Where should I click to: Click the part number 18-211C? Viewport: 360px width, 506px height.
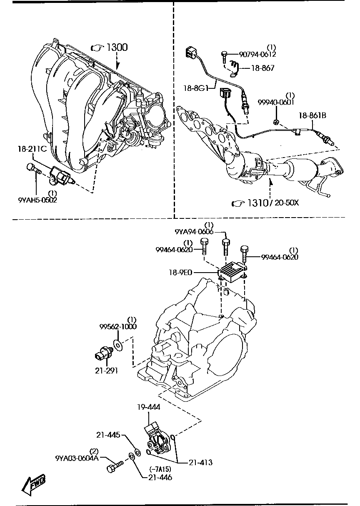(32, 149)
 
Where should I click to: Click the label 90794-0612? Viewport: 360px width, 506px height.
(257, 54)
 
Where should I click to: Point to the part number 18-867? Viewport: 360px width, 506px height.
(262, 68)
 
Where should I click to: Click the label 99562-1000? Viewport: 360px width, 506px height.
(118, 326)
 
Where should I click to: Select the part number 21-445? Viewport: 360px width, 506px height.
(108, 435)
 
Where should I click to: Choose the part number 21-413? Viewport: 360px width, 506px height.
(200, 462)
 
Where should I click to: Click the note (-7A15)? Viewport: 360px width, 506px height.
(160, 470)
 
